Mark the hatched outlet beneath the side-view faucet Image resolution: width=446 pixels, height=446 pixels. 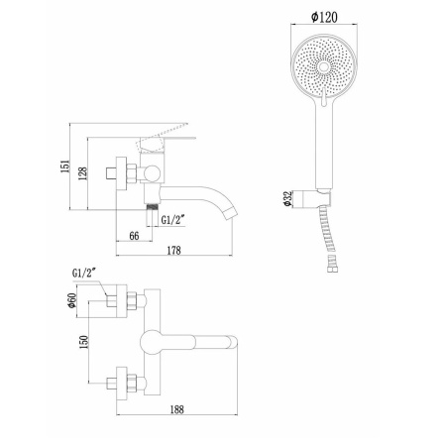(151, 206)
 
